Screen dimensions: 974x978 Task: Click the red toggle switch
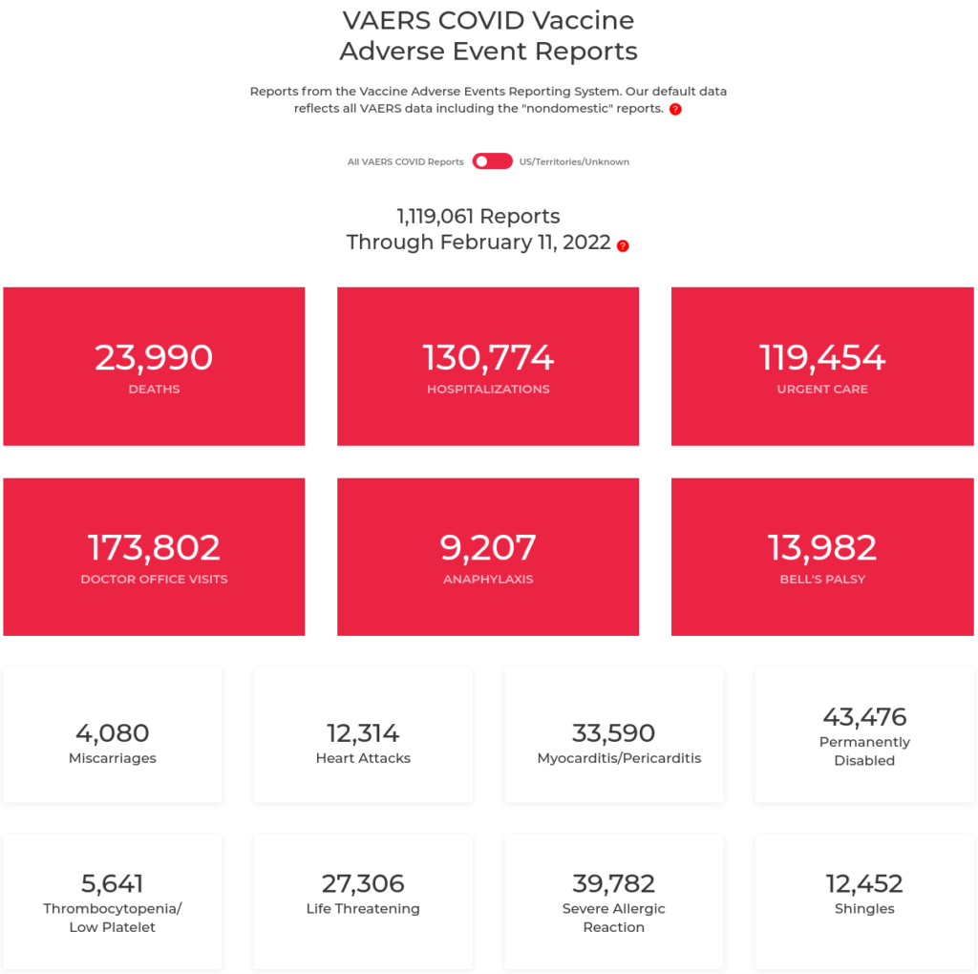[x=492, y=161]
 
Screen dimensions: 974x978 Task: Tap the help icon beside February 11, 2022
[x=623, y=245]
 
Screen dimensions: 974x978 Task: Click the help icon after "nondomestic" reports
[x=675, y=110]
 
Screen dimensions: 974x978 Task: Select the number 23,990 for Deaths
[x=154, y=357]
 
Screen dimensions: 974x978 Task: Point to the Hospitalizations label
[x=488, y=390]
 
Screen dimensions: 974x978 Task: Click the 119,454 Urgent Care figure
[x=822, y=357]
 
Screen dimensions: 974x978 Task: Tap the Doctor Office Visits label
[x=154, y=580]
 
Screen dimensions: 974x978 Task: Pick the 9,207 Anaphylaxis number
[x=488, y=547]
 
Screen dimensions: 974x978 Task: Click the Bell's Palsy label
[x=822, y=580]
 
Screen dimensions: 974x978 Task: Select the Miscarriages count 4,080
[x=113, y=733]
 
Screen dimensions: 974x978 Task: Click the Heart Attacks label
[x=363, y=758]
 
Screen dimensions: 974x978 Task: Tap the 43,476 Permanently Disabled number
[x=864, y=716]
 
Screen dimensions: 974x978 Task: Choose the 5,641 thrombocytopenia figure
[x=113, y=883]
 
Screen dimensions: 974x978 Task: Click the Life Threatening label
[x=363, y=909]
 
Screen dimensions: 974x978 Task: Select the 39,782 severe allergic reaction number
[x=613, y=883]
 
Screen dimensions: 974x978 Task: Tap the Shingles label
[x=864, y=909]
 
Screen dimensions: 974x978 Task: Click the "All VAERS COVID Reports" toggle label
[x=405, y=162]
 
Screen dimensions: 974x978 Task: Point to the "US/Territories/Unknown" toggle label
[x=574, y=162]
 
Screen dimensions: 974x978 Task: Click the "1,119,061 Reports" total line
[x=478, y=217]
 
